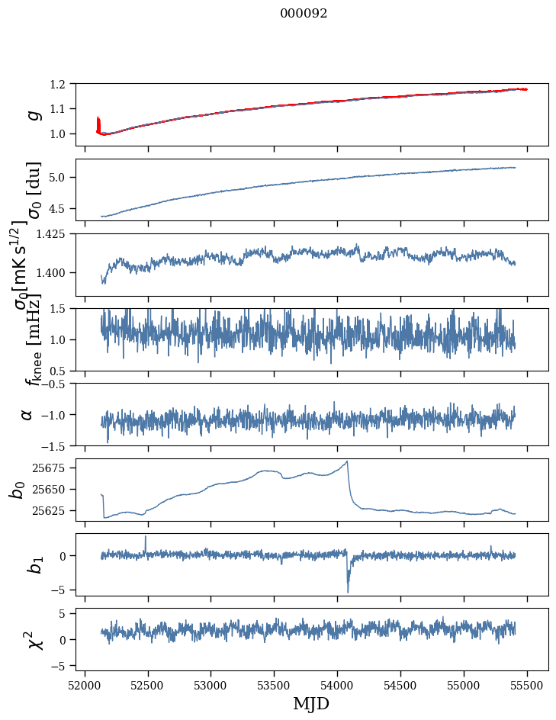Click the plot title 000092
(304, 14)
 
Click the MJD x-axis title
(311, 703)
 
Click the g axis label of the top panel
(32, 114)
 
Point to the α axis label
(27, 414)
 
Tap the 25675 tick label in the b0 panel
(50, 467)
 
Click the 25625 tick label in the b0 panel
(50, 510)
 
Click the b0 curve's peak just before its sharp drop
(348, 461)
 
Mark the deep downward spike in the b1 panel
(348, 591)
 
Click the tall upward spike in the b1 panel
(146, 537)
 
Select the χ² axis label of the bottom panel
(34, 640)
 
